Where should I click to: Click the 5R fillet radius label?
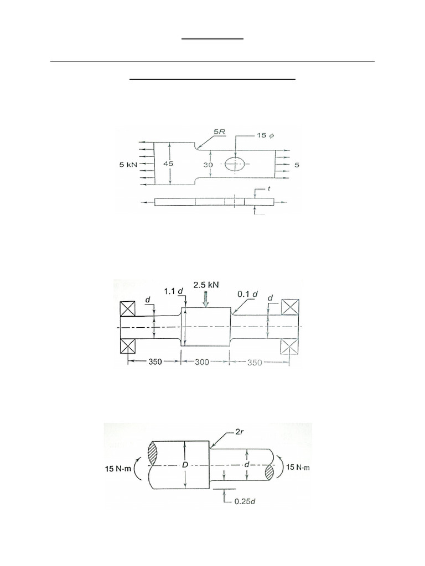(219, 132)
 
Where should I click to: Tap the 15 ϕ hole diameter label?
(265, 135)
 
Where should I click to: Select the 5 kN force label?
(128, 165)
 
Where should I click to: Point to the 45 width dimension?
(168, 164)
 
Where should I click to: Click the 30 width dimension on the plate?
(208, 165)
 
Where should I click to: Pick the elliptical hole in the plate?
(235, 164)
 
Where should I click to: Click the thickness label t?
(268, 188)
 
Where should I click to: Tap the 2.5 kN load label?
(206, 285)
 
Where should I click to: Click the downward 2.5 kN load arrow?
(206, 299)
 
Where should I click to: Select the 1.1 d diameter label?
(173, 291)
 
